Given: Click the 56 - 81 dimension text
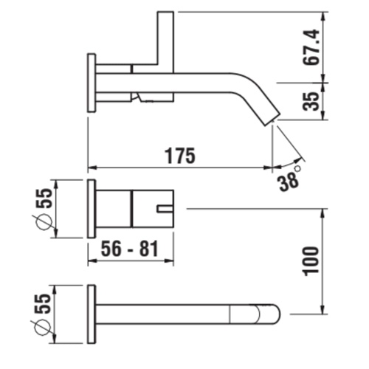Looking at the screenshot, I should tap(131, 249).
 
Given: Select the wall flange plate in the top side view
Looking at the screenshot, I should tap(92, 83).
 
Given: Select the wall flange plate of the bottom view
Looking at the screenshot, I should tap(92, 313).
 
